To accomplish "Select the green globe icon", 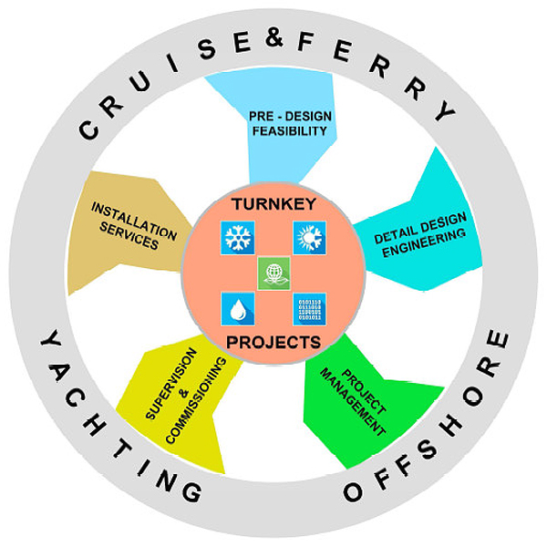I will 273,272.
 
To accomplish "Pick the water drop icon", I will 239,309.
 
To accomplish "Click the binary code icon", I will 308,309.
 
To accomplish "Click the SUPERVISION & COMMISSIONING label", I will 185,401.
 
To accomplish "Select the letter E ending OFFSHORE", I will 494,345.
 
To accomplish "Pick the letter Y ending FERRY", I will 444,111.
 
